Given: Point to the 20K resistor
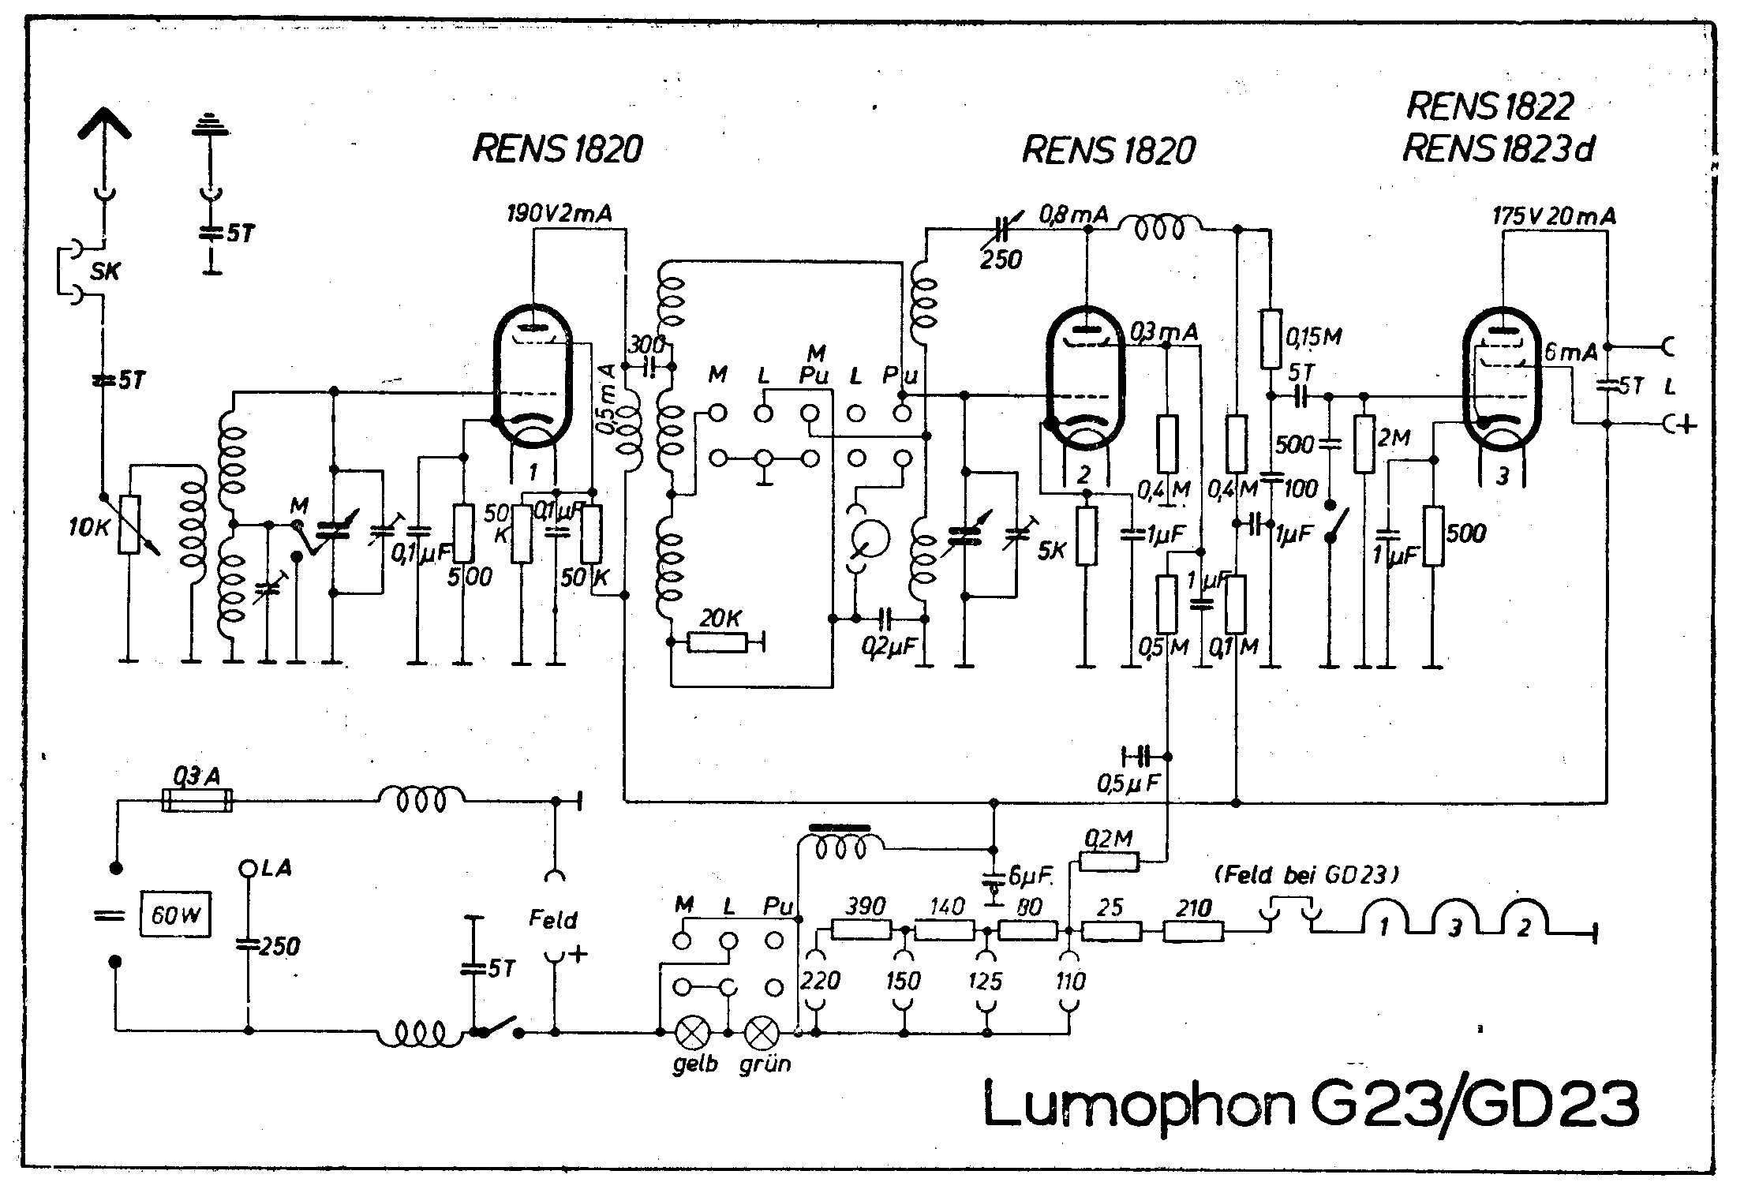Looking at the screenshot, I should [717, 642].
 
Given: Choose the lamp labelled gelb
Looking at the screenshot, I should [693, 1031].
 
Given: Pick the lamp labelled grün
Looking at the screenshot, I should [762, 1031].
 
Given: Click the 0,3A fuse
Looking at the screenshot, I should [196, 800].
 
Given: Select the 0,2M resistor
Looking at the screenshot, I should [1109, 862].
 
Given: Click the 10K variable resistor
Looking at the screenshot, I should [129, 525].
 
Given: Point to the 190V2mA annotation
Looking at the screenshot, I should [560, 213].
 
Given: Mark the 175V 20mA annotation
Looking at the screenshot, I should [1554, 216].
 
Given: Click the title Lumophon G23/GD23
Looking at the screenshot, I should [1310, 1105].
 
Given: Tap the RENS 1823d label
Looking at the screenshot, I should [1498, 148].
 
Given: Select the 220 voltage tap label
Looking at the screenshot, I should [820, 981].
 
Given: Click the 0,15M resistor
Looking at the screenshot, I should [1270, 339].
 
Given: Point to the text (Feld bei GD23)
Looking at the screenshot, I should [1307, 874].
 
